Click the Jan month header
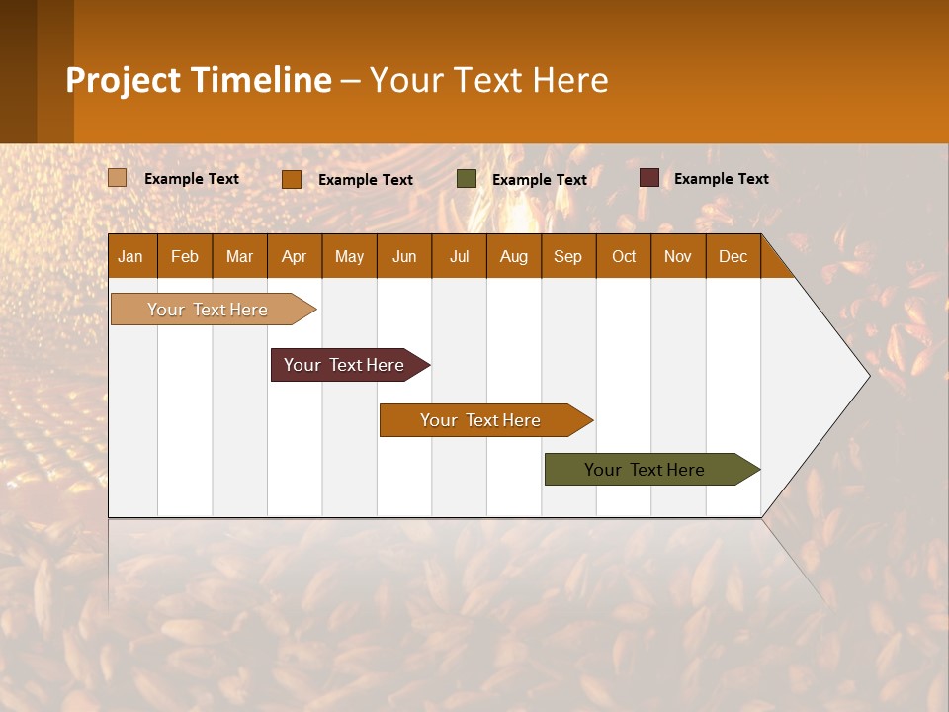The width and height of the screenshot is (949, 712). pyautogui.click(x=130, y=257)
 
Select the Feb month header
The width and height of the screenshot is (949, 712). pyautogui.click(x=185, y=257)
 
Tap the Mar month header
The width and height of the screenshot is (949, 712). pyautogui.click(x=239, y=257)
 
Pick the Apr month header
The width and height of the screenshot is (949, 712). pyautogui.click(x=295, y=257)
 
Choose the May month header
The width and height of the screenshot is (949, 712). pyautogui.click(x=349, y=257)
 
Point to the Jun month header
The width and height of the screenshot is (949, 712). pyautogui.click(x=404, y=257)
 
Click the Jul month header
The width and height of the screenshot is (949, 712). pyautogui.click(x=459, y=257)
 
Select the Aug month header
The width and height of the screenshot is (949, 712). pyautogui.click(x=514, y=257)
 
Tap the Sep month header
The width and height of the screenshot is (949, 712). pyautogui.click(x=568, y=257)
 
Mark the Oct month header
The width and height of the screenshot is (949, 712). pyautogui.click(x=624, y=257)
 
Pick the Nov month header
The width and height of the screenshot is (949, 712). pyautogui.click(x=678, y=257)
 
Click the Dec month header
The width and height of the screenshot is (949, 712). pyautogui.click(x=733, y=257)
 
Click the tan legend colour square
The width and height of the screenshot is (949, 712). pyautogui.click(x=118, y=178)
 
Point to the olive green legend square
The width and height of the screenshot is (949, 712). pyautogui.click(x=467, y=179)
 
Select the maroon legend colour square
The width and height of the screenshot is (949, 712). pyautogui.click(x=649, y=178)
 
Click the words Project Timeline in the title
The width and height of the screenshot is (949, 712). pyautogui.click(x=199, y=80)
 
